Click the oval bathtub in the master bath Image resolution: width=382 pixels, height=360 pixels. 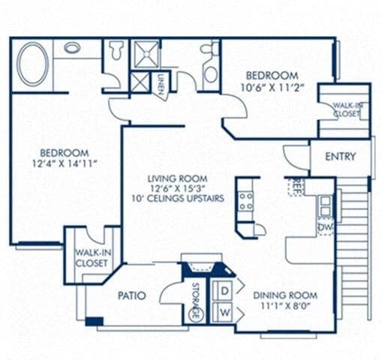tap(33, 64)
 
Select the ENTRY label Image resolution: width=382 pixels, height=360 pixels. tap(340, 157)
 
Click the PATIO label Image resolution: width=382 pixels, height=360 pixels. tap(131, 295)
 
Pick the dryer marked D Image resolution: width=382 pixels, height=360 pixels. tap(223, 289)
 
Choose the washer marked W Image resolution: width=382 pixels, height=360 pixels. tap(223, 310)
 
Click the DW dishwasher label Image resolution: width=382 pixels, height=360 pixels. tap(325, 226)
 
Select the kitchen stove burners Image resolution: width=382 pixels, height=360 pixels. tap(245, 200)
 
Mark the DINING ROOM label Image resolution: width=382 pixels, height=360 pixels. tap(284, 295)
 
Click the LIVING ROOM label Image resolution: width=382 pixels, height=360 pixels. tap(177, 178)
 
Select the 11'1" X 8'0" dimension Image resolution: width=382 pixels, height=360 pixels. tap(284, 306)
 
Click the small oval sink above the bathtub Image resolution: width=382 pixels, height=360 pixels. tap(73, 47)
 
